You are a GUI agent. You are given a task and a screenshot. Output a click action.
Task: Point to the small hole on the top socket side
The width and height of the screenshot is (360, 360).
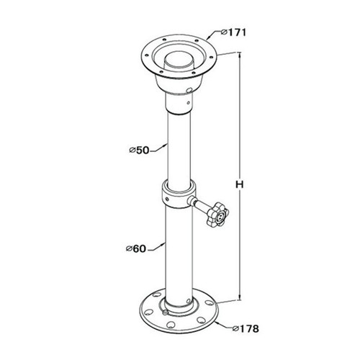pyautogui.click(x=188, y=91)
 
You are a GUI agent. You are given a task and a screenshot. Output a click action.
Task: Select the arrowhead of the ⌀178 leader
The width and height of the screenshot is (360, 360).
pyautogui.click(x=217, y=322)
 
